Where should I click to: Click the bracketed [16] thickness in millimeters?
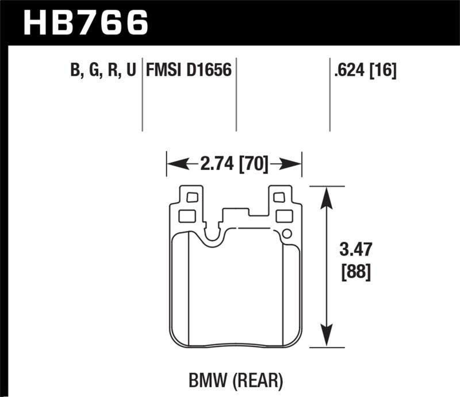click(x=383, y=71)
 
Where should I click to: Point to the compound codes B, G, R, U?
click(x=102, y=71)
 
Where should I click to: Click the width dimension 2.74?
click(x=216, y=165)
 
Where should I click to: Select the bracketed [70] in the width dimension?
click(x=254, y=165)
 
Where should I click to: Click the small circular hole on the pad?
click(x=287, y=233)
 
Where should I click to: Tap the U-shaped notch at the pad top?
click(x=213, y=233)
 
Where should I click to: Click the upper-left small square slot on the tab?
click(x=192, y=197)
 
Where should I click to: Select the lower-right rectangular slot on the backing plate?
click(x=283, y=216)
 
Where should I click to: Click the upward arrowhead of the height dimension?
click(x=326, y=195)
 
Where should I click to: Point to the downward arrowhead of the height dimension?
click(x=326, y=338)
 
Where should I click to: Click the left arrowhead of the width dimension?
click(x=173, y=165)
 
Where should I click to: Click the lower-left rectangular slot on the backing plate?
click(x=187, y=216)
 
